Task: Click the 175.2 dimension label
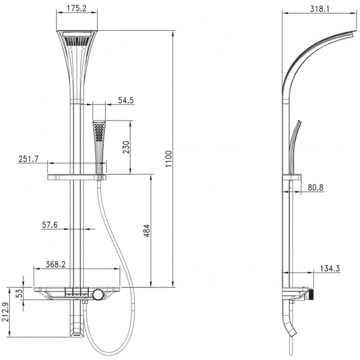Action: (x=77, y=8)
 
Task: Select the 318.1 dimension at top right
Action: (x=320, y=9)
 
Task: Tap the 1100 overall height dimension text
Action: (x=169, y=159)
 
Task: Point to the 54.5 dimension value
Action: (x=125, y=100)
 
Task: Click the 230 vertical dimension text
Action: (x=126, y=147)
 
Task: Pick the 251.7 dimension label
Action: (x=28, y=159)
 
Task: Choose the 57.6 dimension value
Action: (x=50, y=225)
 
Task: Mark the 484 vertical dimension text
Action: (x=147, y=231)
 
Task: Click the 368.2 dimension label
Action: (x=55, y=265)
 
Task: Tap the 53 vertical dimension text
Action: (x=20, y=293)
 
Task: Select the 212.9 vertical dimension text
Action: (x=5, y=312)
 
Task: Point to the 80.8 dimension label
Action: (x=316, y=188)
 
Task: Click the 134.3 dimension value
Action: (x=329, y=268)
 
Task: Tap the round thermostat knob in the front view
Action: (x=98, y=295)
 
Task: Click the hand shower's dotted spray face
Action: (x=99, y=131)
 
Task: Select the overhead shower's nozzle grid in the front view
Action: (x=76, y=41)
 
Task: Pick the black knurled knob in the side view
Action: (x=311, y=294)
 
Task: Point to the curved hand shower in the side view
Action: (x=294, y=147)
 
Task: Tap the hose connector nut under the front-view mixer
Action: (x=85, y=302)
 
